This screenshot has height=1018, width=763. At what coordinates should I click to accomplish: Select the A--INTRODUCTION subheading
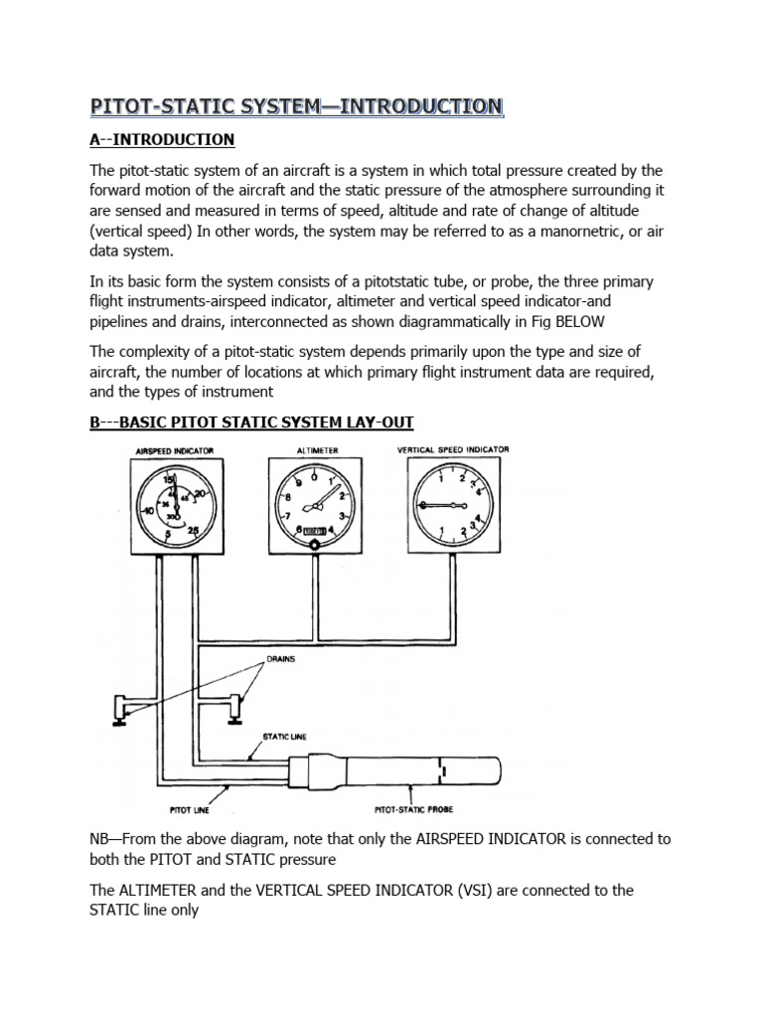pos(162,139)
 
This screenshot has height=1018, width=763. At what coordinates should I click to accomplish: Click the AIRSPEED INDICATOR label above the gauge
pos(175,450)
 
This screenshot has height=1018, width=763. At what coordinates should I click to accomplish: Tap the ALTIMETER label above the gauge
pos(318,450)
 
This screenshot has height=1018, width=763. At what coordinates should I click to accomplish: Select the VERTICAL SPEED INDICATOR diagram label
pos(453,449)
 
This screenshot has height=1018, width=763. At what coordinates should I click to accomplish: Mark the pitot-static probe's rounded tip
pos(497,771)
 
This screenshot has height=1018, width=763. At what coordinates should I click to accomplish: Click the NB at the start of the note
pos(100,839)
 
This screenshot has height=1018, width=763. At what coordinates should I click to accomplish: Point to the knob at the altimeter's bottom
pos(313,545)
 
